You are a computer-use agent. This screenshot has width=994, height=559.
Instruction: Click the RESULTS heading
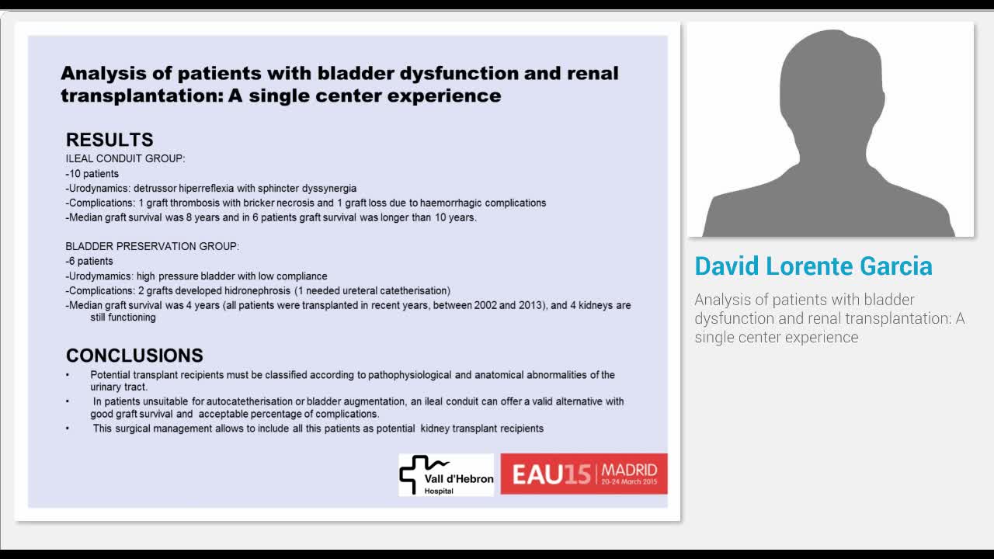coord(109,140)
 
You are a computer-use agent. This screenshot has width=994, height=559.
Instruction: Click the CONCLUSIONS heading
coord(134,356)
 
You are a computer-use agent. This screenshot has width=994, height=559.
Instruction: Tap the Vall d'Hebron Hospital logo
coord(446,474)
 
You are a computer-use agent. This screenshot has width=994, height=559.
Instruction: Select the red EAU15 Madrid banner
coord(583,474)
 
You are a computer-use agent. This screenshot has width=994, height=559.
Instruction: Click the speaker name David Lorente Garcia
coord(813,266)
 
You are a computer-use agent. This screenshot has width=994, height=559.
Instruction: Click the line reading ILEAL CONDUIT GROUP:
coord(125,159)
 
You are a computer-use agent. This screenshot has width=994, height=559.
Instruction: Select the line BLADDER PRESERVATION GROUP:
coord(152,246)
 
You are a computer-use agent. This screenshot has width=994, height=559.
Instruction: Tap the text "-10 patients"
coord(92,174)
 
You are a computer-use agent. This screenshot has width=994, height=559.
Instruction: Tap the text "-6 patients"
coord(89,261)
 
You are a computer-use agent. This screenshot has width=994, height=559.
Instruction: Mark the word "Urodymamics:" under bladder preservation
coord(100,276)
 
